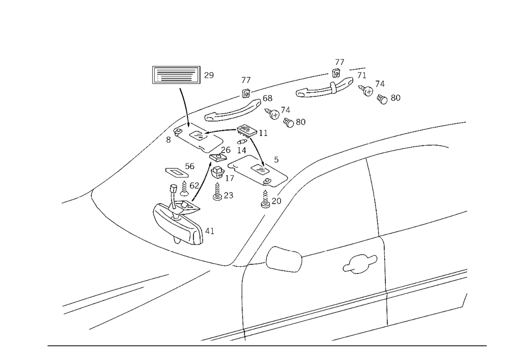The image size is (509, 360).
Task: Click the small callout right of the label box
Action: (x=208, y=75)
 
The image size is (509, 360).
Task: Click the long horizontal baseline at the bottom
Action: (x=265, y=345)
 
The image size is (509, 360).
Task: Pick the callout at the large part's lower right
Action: (x=210, y=232)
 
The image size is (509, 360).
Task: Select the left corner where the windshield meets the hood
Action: (x=89, y=192)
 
